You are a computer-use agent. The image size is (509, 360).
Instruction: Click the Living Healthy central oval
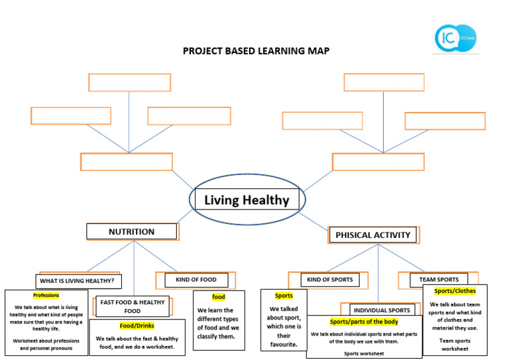click(247, 200)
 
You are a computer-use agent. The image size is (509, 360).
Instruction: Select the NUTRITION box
click(131, 231)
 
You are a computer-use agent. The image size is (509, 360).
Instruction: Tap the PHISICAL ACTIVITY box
click(373, 235)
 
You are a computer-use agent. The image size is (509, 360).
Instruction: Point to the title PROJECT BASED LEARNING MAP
click(256, 51)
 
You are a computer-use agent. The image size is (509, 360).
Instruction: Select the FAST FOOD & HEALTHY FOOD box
click(133, 306)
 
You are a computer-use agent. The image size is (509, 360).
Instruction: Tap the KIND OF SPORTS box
click(331, 280)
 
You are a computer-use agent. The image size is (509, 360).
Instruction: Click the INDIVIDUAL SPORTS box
click(380, 310)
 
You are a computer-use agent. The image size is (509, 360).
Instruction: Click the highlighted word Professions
click(46, 295)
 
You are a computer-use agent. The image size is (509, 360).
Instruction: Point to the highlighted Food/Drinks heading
click(137, 326)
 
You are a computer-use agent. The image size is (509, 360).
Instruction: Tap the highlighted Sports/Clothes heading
click(455, 290)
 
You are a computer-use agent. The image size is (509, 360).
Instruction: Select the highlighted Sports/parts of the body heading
click(363, 322)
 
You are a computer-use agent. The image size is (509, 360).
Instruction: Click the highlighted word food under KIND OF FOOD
click(219, 296)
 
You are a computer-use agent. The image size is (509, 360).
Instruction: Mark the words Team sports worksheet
click(454, 345)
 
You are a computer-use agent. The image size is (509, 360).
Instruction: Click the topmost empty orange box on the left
click(129, 82)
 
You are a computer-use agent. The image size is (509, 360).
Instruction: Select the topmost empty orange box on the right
click(384, 82)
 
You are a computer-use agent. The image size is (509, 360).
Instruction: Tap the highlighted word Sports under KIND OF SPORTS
click(284, 296)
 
